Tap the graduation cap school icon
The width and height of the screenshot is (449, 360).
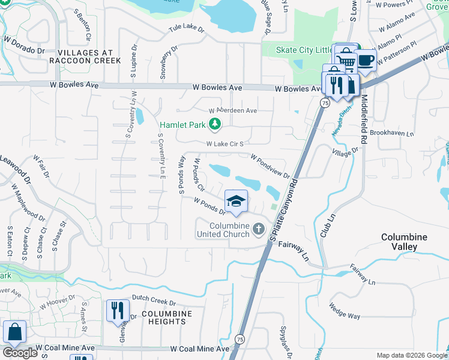point(237,201)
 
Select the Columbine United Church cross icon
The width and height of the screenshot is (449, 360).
point(259,228)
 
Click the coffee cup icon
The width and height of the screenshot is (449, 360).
point(365,61)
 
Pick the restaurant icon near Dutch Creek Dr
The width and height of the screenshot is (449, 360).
point(118,310)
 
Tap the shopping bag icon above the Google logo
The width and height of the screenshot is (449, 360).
point(14,332)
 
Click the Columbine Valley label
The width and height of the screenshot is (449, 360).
point(404,242)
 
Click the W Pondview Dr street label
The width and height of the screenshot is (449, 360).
point(270,167)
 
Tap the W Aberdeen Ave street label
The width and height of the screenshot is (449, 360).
point(233,111)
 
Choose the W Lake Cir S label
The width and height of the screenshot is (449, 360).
point(224,144)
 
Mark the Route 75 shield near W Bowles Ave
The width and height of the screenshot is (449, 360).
point(324,103)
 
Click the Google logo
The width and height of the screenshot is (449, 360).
point(20,353)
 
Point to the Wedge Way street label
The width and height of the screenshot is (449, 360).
point(345,311)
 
